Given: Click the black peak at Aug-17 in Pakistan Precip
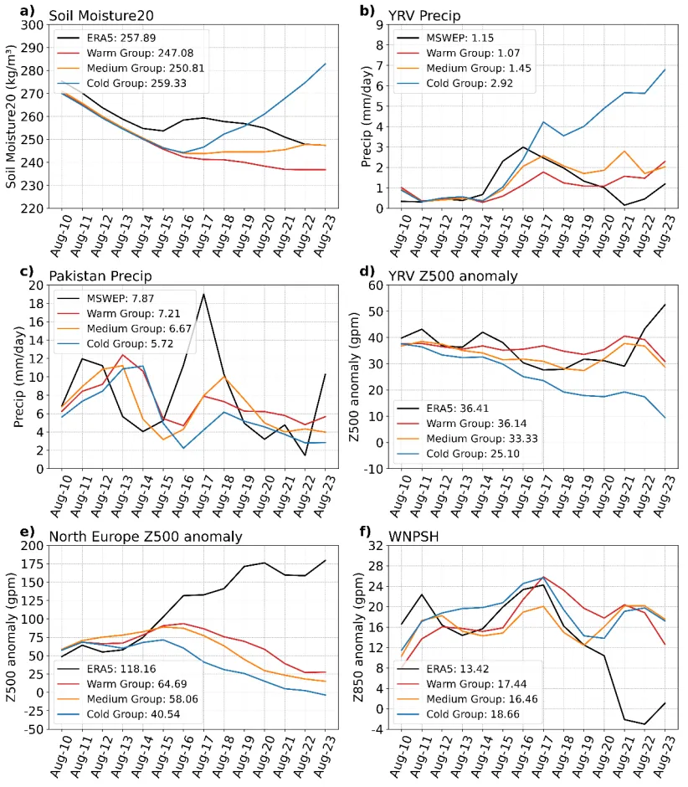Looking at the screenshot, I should tap(203, 294).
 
